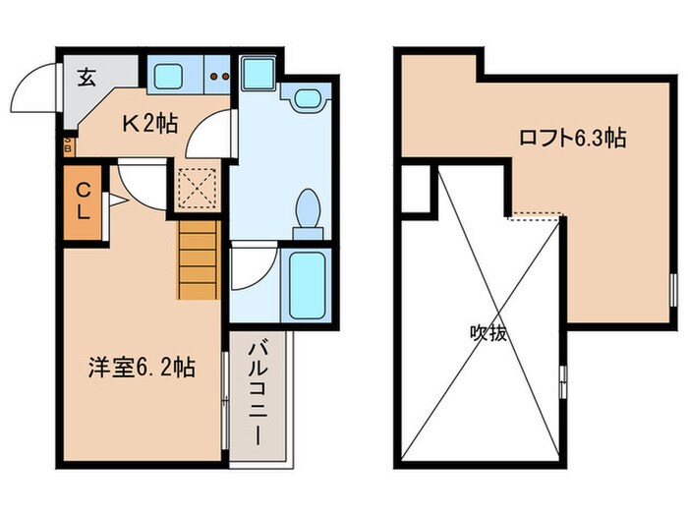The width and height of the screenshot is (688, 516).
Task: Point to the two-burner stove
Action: [x=216, y=76]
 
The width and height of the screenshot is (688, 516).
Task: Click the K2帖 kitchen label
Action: [x=149, y=124]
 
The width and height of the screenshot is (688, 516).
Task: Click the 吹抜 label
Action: [x=487, y=333]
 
